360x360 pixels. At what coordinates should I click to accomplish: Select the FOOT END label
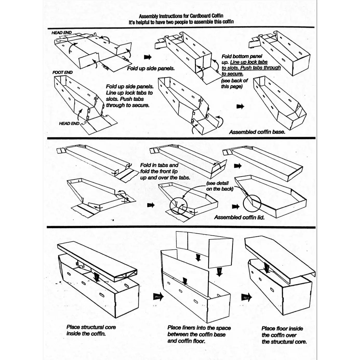click(x=62, y=72)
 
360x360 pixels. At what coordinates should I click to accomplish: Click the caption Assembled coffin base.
click(x=257, y=132)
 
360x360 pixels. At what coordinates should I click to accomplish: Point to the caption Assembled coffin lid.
click(x=239, y=217)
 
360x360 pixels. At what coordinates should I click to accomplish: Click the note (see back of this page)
click(x=234, y=83)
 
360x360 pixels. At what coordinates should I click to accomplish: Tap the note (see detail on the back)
click(x=220, y=186)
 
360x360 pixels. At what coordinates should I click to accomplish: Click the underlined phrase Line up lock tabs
click(x=249, y=62)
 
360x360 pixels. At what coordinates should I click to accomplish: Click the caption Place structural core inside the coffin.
click(x=91, y=330)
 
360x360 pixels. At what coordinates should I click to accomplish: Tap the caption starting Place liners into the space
click(x=199, y=335)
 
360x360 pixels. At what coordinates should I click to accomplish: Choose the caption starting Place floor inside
click(x=284, y=335)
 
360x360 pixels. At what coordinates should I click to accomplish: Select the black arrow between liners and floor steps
click(x=246, y=296)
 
